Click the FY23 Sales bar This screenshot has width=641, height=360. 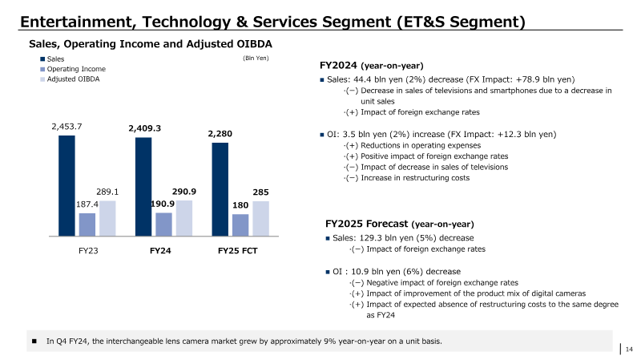click(x=67, y=186)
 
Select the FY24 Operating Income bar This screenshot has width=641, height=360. click(x=163, y=224)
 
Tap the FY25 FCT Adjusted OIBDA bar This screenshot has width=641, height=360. click(x=261, y=218)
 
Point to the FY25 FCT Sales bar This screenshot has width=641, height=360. click(x=220, y=189)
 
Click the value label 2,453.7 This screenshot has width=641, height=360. click(x=67, y=127)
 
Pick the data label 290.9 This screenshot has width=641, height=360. click(x=184, y=192)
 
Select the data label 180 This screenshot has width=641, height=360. click(x=240, y=205)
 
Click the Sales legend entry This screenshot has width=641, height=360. click(x=52, y=59)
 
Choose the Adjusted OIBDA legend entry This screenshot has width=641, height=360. click(x=70, y=79)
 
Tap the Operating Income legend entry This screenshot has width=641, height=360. click(x=73, y=69)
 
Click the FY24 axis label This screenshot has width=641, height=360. click(x=160, y=251)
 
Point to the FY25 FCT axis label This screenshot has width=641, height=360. click(x=237, y=251)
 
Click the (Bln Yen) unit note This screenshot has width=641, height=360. click(x=256, y=58)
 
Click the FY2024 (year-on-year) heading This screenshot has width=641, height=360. click(x=371, y=66)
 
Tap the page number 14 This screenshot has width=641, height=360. click(x=629, y=349)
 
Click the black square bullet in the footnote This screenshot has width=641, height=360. click(x=34, y=342)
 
